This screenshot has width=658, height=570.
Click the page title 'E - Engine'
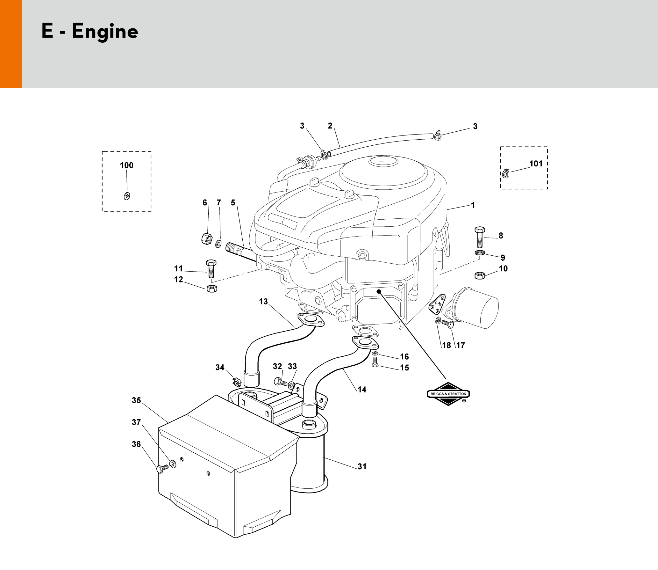[90, 31]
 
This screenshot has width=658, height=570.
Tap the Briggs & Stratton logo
[448, 394]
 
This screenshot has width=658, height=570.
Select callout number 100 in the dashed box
[126, 165]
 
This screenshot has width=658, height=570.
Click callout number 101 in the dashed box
[536, 164]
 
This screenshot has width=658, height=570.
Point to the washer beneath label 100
[127, 196]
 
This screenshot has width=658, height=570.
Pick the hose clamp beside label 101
[505, 173]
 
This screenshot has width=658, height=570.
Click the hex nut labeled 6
[207, 238]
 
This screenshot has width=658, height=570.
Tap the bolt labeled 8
[480, 237]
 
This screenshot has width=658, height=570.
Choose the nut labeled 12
[212, 289]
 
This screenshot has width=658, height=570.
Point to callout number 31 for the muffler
[362, 466]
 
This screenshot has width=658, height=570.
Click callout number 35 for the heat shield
[136, 400]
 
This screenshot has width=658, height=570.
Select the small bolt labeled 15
[375, 362]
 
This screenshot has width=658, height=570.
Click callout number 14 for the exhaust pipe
[362, 390]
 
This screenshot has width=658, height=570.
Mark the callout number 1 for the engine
[473, 205]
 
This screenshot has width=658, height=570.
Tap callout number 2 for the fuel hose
[330, 126]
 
